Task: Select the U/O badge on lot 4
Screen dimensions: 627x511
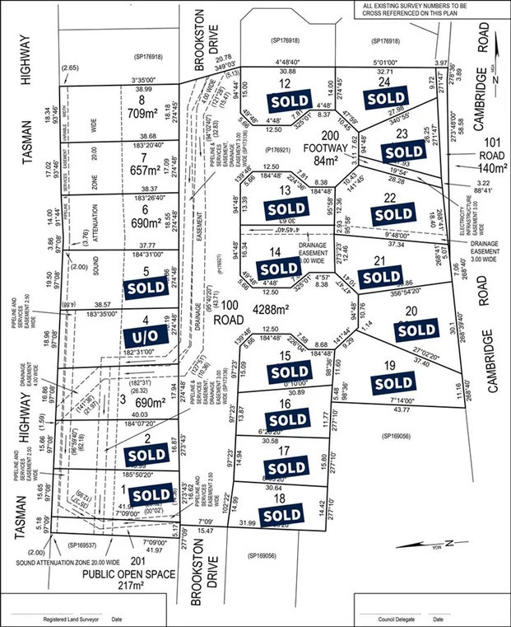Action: (152, 335)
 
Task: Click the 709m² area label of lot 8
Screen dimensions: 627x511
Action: (151, 116)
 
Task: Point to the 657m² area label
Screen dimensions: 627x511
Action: (151, 170)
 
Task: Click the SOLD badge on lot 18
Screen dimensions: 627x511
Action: (283, 515)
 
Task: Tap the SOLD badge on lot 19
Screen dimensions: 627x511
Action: (394, 384)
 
